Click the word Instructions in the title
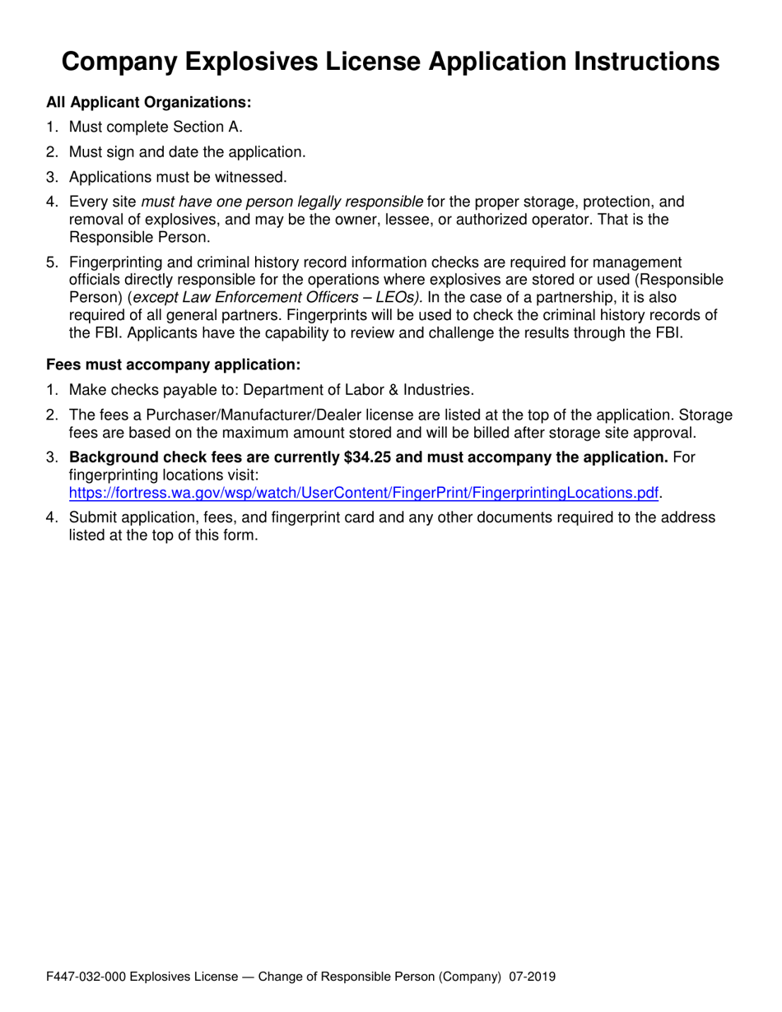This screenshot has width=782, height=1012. (x=633, y=62)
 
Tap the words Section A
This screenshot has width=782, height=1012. (x=208, y=127)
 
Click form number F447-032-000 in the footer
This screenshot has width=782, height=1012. (x=86, y=977)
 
